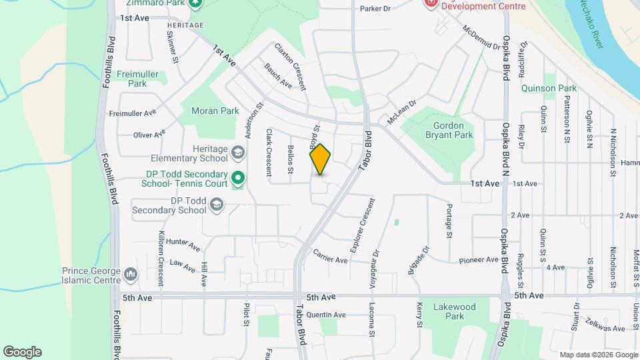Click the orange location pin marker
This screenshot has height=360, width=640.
click(x=321, y=160)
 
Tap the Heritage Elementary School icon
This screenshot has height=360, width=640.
click(x=237, y=154)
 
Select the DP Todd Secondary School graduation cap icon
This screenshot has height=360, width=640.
click(x=216, y=205)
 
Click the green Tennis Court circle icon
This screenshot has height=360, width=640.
click(x=238, y=179)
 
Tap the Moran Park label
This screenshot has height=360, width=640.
click(x=215, y=111)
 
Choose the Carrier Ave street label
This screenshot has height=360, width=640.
click(x=330, y=257)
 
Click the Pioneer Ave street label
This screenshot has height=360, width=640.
click(x=478, y=260)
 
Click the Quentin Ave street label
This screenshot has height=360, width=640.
click(x=327, y=315)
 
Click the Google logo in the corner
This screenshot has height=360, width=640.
click(x=22, y=352)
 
